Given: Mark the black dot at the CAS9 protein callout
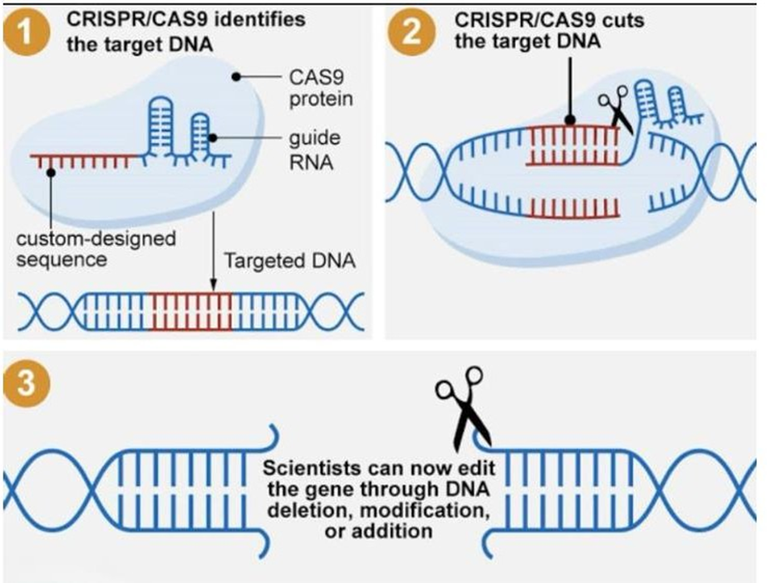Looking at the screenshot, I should point(238,76).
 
